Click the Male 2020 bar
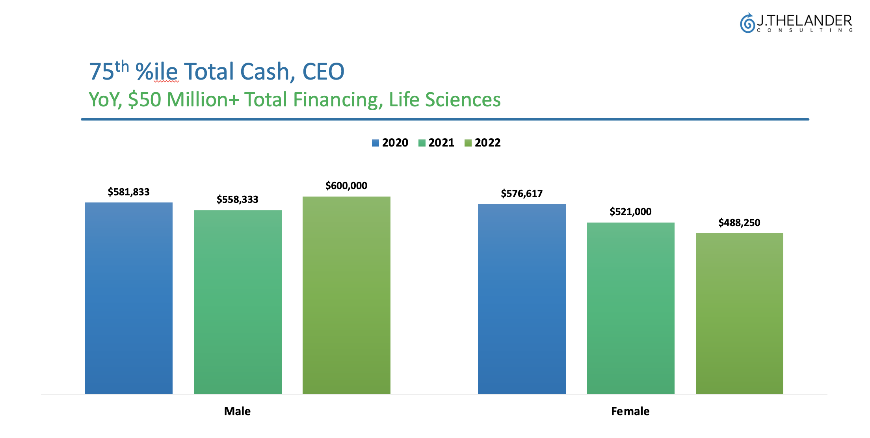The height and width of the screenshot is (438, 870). (129, 298)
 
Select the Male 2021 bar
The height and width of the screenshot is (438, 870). (238, 302)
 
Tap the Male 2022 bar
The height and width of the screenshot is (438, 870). (346, 295)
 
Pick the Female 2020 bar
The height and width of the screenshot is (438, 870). (522, 299)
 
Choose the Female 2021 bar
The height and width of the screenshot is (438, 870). (630, 308)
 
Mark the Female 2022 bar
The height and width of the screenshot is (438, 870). (739, 313)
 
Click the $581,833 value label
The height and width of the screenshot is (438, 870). (129, 192)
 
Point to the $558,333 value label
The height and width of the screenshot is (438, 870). (238, 199)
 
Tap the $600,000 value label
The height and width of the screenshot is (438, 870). (346, 186)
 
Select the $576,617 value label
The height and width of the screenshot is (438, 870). (522, 193)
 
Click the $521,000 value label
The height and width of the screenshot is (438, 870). (630, 212)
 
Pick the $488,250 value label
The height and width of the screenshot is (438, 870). (739, 223)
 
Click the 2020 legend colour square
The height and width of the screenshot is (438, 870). (376, 143)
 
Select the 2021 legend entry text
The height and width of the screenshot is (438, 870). (441, 143)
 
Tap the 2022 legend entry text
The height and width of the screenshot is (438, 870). (487, 143)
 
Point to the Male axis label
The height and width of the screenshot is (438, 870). (237, 411)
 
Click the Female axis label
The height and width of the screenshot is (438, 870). (630, 411)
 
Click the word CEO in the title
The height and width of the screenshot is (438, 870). (323, 72)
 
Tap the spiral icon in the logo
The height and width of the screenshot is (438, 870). (747, 23)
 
